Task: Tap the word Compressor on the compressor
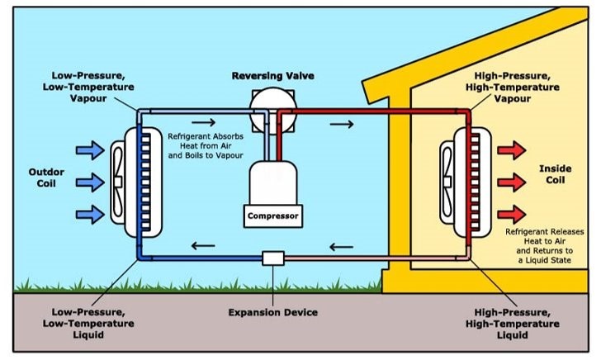pos(271,217)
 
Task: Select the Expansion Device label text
pos(272,313)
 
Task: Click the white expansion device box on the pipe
pos(272,257)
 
